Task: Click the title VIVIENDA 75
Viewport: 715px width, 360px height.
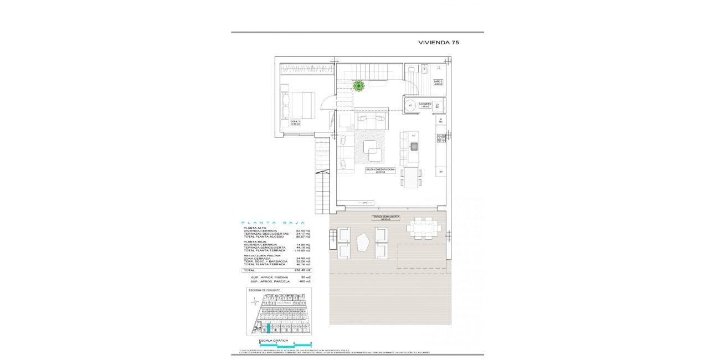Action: (x=438, y=42)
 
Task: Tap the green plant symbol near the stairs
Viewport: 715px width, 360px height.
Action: (x=359, y=85)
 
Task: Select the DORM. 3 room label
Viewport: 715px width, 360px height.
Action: (x=295, y=122)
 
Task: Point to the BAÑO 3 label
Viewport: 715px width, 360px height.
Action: (x=438, y=83)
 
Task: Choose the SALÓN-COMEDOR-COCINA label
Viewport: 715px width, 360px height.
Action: (x=380, y=171)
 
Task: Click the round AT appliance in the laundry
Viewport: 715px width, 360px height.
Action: (x=410, y=105)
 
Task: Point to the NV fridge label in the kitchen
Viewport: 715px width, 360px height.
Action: (x=441, y=172)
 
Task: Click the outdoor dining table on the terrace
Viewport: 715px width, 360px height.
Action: (x=424, y=228)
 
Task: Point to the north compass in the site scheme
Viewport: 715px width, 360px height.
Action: (x=254, y=302)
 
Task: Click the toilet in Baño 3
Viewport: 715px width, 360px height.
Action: (x=424, y=70)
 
